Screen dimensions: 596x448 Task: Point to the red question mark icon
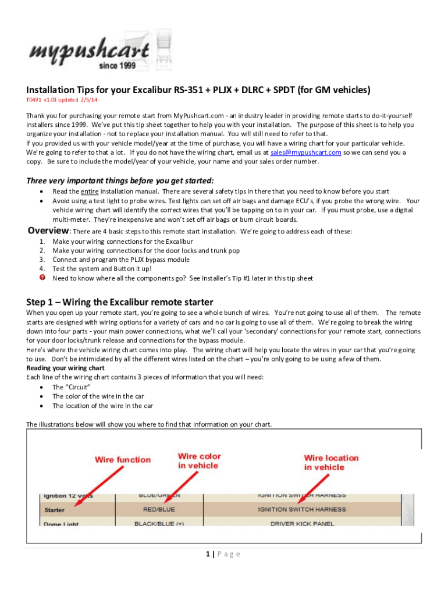click(x=42, y=278)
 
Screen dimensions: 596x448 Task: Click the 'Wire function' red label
click(x=123, y=460)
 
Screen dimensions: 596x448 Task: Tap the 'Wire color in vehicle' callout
click(x=200, y=461)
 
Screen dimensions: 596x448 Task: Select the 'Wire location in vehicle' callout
click(x=331, y=463)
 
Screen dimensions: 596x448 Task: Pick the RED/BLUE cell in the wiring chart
click(x=158, y=509)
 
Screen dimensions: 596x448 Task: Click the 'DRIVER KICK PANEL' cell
click(x=302, y=524)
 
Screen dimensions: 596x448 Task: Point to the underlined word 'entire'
click(x=89, y=191)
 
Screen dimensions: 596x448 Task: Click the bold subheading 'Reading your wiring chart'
click(x=65, y=368)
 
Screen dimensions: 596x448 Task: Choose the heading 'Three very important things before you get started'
click(x=120, y=180)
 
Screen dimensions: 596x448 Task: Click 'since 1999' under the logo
click(x=117, y=66)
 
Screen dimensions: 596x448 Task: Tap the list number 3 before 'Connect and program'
click(x=42, y=259)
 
